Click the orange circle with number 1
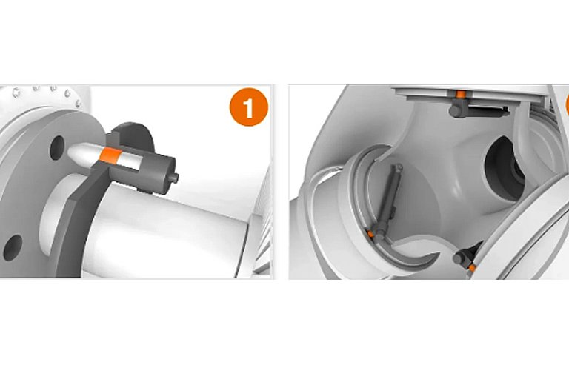click(x=249, y=107)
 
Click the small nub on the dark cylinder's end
click(x=175, y=178)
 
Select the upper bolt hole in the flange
click(x=57, y=147)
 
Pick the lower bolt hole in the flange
click(x=13, y=247)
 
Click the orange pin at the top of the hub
click(x=461, y=95)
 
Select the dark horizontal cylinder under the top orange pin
click(x=479, y=109)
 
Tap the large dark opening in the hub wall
click(x=505, y=169)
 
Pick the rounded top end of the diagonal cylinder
click(x=399, y=167)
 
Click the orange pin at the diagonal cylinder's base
click(x=370, y=234)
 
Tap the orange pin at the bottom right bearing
click(x=472, y=268)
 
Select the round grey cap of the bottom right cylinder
click(x=459, y=258)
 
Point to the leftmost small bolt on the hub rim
click(x=16, y=92)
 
